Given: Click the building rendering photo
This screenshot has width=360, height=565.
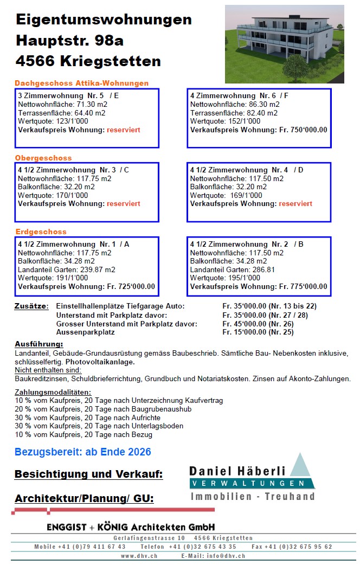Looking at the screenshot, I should pos(284,44).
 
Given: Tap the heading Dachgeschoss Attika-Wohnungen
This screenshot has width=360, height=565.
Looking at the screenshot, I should pos(81,84).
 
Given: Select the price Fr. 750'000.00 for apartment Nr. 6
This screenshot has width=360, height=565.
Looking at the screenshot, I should pos(303,130).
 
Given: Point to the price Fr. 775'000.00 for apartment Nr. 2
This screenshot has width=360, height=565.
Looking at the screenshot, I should pos(303,286).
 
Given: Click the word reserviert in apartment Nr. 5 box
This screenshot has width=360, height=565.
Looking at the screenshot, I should pos(124,130).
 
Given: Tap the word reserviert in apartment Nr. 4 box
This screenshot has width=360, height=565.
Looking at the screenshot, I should pos(295,203).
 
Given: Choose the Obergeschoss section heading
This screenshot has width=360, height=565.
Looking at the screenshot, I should pos(43,158).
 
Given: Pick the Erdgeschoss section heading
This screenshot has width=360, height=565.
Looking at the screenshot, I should pos(41,232).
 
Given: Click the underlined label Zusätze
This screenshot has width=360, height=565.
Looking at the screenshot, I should pos(31,306).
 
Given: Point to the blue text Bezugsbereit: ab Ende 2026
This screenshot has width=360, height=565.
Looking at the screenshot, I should pos(83,452).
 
